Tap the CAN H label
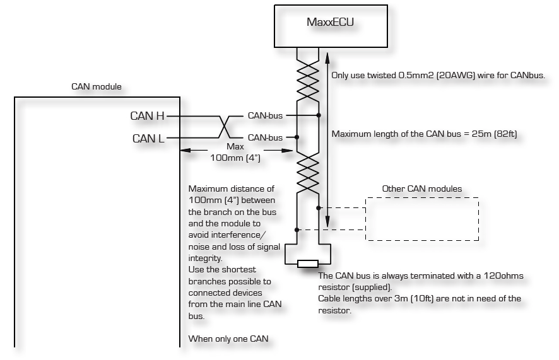click(x=147, y=115)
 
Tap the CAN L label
click(x=148, y=138)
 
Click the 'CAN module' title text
click(x=97, y=86)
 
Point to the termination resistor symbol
click(x=307, y=264)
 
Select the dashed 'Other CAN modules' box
click(x=421, y=219)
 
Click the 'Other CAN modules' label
click(x=422, y=189)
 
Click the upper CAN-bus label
click(x=265, y=115)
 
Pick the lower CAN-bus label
click(x=265, y=137)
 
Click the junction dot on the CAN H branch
click(x=319, y=115)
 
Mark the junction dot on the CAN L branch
click(x=297, y=137)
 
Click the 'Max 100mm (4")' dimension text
click(x=235, y=152)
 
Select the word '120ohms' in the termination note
click(x=505, y=276)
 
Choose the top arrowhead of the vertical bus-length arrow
click(x=327, y=58)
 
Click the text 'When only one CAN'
click(x=228, y=339)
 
